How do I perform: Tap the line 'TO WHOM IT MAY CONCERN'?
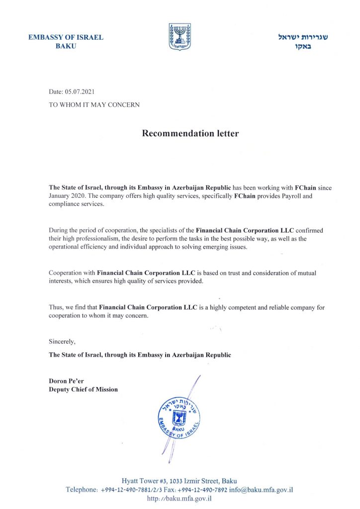94,105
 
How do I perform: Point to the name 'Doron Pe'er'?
66,381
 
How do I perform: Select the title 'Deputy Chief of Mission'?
83,389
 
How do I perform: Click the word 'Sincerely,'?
62,341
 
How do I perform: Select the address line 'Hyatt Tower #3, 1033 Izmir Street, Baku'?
180,481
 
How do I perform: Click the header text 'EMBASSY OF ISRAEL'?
66,38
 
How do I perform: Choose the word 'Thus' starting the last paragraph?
55,307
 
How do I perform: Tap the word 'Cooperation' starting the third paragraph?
66,273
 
